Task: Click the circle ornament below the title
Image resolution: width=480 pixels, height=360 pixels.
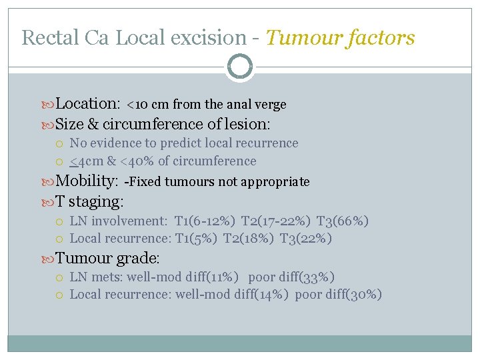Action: click(x=240, y=67)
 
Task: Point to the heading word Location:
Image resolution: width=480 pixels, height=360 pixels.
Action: click(x=87, y=103)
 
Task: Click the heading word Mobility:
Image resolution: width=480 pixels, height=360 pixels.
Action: click(x=87, y=181)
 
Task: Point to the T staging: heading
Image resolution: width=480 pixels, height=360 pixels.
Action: click(x=90, y=201)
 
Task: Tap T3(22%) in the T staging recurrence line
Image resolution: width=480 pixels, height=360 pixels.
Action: click(x=305, y=238)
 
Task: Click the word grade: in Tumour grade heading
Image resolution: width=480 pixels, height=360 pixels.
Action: click(x=139, y=258)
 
